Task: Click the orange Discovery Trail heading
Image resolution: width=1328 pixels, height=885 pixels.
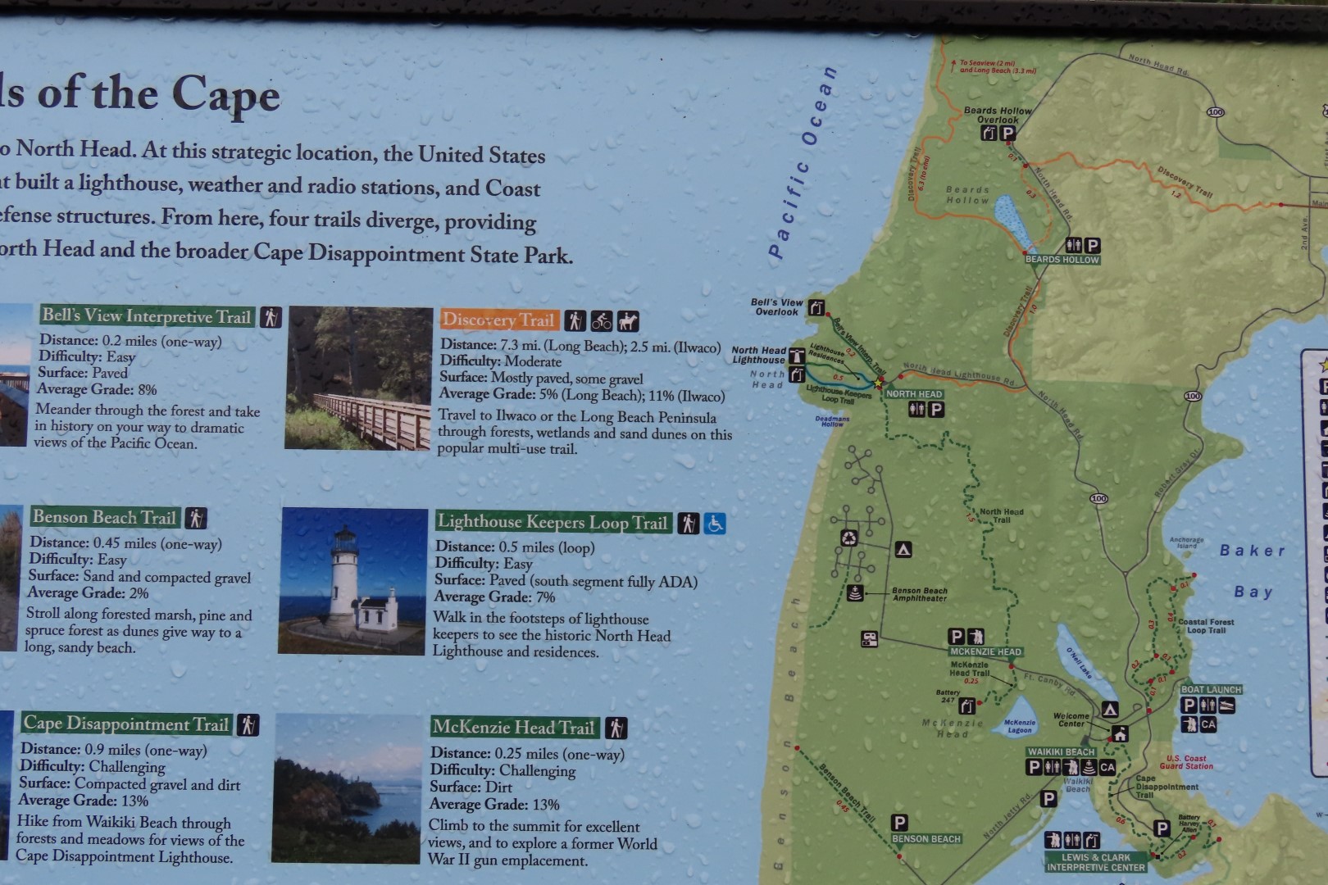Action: pos(498,320)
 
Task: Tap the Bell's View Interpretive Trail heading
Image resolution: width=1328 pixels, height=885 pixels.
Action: pos(147,316)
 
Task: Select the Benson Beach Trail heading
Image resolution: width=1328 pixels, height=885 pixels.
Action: pos(104,517)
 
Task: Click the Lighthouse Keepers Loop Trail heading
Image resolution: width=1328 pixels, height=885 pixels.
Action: pos(553,522)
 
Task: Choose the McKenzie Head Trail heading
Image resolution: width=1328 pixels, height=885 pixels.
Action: pos(513,727)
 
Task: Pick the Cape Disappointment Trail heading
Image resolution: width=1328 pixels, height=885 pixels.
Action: pos(125,724)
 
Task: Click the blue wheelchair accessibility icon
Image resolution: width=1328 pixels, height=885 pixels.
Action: pos(715,523)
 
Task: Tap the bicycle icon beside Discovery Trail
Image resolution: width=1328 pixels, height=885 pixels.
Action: pos(602,320)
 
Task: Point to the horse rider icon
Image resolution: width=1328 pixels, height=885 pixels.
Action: pos(628,320)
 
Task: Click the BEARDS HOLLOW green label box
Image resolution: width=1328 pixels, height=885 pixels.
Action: pos(1062,260)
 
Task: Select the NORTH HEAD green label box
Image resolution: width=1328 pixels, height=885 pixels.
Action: pos(914,394)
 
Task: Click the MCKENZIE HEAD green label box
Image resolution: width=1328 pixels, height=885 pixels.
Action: pos(985,652)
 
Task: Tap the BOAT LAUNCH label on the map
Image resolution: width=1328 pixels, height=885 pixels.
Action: pos(1211,690)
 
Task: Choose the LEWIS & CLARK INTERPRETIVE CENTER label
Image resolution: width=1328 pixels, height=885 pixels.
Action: pos(1095,862)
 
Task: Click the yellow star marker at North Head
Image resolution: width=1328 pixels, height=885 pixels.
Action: pos(878,383)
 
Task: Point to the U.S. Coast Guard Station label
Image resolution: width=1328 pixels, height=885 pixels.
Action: pos(1188,762)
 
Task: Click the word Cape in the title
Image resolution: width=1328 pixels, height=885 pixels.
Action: pos(225,96)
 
